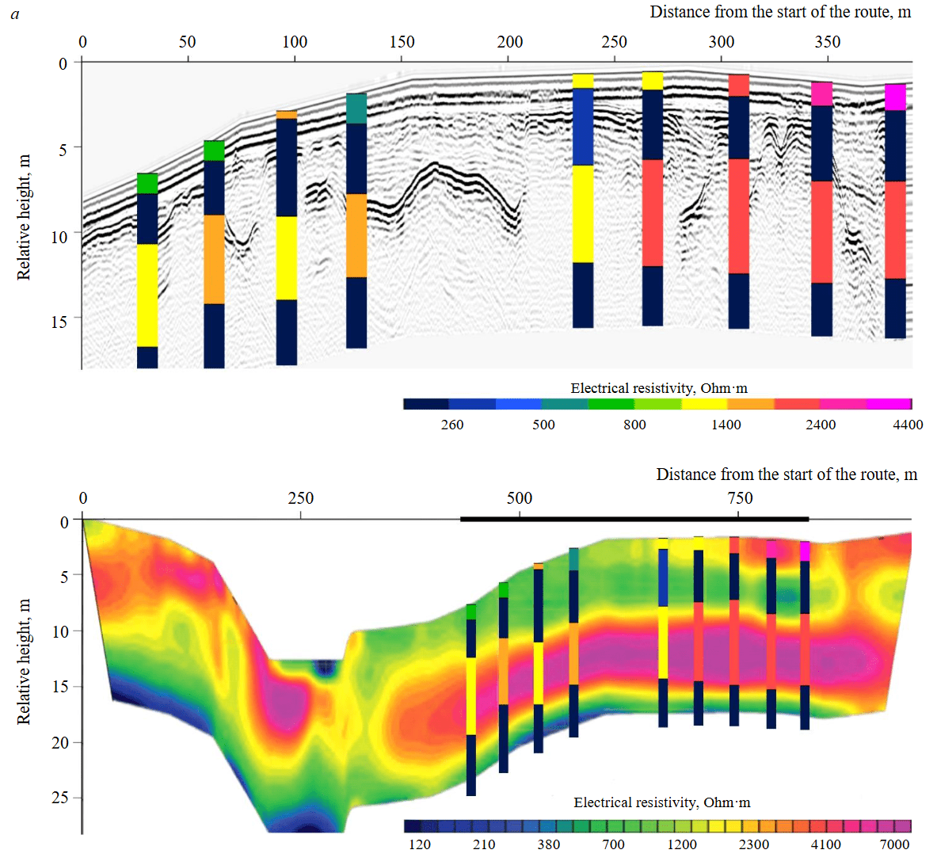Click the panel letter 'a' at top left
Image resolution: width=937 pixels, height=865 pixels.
point(15,14)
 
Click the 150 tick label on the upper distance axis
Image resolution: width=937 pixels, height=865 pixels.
point(402,42)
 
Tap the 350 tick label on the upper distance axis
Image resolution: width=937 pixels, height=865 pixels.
point(828,42)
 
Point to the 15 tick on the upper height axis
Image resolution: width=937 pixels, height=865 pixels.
point(59,321)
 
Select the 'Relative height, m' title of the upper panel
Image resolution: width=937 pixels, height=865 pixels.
point(24,217)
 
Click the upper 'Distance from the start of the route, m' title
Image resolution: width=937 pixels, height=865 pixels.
point(780,12)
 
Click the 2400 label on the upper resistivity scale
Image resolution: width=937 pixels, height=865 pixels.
point(821,425)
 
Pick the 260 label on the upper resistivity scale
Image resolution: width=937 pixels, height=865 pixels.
point(452,425)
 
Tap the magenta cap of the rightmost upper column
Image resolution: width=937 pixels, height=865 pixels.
point(895,97)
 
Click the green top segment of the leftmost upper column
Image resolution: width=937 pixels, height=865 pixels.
point(147,183)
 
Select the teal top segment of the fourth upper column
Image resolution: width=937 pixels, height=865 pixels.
point(356,109)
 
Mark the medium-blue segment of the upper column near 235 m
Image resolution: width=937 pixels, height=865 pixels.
point(583,127)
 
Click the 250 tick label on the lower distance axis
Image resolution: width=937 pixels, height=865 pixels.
point(301,498)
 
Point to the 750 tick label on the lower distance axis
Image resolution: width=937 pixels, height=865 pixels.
point(740,498)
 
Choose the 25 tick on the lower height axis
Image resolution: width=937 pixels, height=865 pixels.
point(60,798)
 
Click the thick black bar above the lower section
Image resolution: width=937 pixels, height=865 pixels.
point(634,519)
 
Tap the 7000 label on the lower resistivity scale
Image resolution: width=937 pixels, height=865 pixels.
point(894,844)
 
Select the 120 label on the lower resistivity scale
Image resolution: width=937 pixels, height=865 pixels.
point(420,844)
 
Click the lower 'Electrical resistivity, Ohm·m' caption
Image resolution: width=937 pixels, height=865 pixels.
point(662,802)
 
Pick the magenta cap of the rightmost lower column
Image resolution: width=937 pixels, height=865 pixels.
point(805,551)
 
